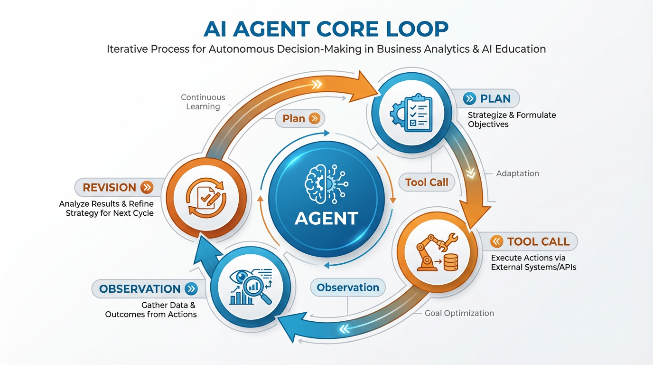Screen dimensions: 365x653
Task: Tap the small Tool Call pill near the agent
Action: (427, 182)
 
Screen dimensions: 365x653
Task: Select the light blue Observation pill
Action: (348, 287)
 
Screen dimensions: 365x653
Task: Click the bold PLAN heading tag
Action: (491, 99)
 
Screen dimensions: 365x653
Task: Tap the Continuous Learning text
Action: (203, 102)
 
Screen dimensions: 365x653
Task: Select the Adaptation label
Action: (517, 173)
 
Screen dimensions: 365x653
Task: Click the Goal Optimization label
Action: (459, 313)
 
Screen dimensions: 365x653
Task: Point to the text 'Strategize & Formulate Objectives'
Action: (512, 120)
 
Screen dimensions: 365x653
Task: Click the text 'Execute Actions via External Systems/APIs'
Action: (533, 262)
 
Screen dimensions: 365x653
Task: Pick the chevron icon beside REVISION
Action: (147, 187)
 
